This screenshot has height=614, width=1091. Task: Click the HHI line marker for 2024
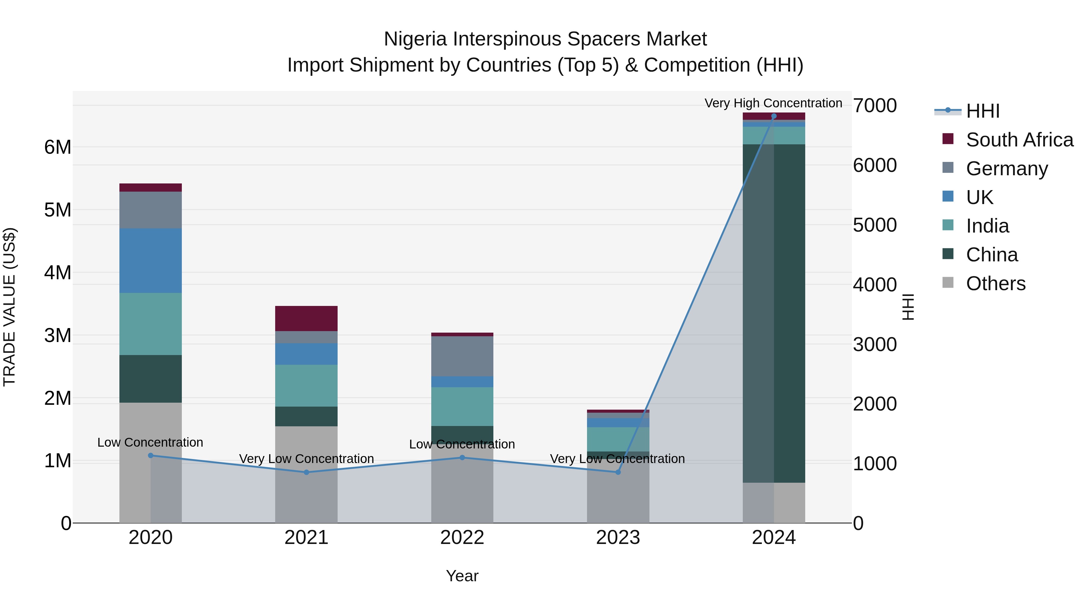click(x=774, y=116)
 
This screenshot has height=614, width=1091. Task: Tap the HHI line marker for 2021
click(x=307, y=472)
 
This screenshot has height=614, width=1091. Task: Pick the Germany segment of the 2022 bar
click(x=462, y=356)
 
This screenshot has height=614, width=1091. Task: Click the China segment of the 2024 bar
click(x=774, y=314)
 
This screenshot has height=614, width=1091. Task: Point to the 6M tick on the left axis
click(x=58, y=147)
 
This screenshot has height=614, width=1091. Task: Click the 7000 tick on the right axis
click(x=875, y=106)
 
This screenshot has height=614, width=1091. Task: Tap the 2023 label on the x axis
click(x=618, y=538)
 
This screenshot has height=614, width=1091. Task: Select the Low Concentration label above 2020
click(x=150, y=442)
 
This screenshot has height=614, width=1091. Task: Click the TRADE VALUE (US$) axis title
click(x=9, y=307)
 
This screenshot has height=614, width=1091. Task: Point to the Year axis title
click(x=462, y=576)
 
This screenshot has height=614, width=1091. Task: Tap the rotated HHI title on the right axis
click(x=908, y=307)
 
